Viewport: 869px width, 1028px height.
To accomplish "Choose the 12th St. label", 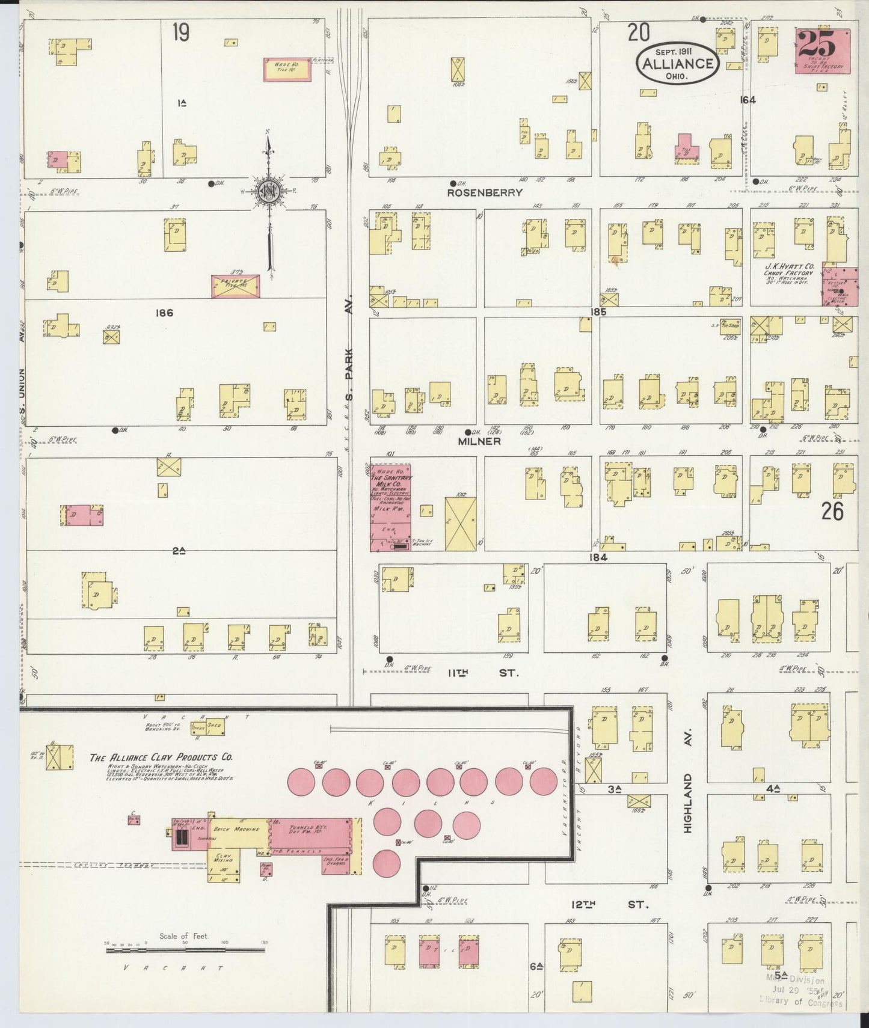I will [608, 904].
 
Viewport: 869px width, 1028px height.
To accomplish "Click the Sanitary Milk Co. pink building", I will [390, 507].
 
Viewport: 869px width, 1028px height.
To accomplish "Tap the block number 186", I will [164, 313].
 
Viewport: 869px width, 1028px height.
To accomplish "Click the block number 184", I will [598, 557].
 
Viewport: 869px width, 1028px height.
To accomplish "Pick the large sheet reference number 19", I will [180, 32].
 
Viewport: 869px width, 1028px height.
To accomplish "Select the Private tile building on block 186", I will [235, 286].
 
